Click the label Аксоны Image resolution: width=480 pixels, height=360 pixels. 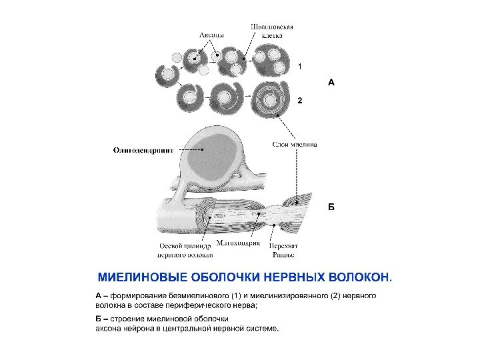click(211, 35)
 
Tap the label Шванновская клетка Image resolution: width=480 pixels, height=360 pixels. click(271, 31)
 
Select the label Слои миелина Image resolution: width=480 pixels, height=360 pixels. click(294, 143)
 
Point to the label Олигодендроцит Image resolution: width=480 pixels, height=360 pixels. click(143, 151)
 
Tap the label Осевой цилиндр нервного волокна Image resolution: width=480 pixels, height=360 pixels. click(185, 250)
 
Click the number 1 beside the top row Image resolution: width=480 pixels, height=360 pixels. click(300, 67)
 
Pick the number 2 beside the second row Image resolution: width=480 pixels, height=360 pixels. click(300, 101)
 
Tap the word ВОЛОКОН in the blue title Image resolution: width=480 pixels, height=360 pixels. click(359, 277)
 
